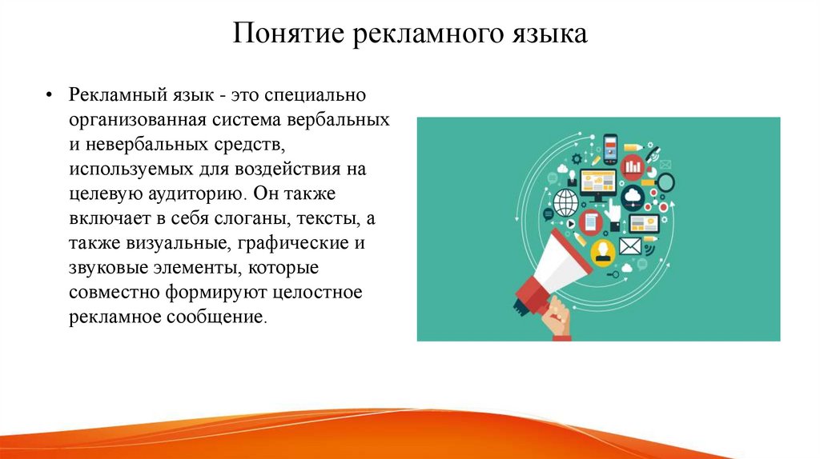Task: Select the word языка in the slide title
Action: (x=548, y=35)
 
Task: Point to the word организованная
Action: (x=139, y=121)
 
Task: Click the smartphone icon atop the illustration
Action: (x=611, y=147)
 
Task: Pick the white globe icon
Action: (x=566, y=201)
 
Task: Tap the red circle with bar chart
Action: (x=633, y=166)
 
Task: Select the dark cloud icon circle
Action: (x=633, y=196)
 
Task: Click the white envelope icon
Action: (x=630, y=245)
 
